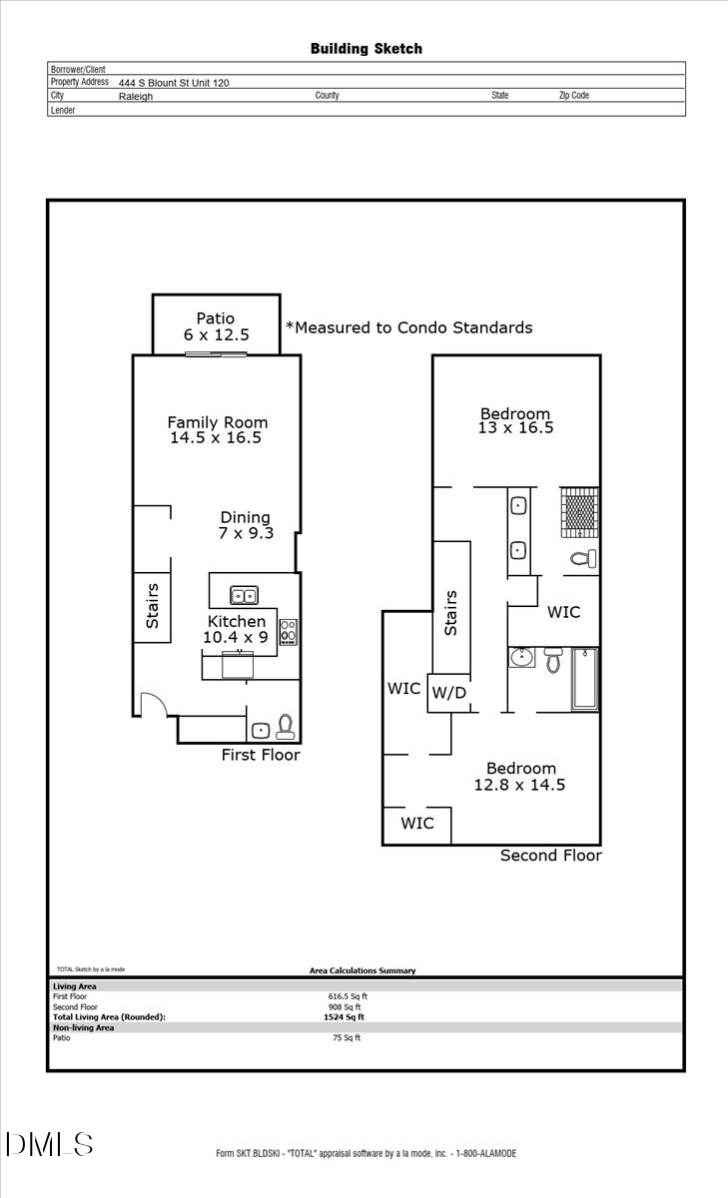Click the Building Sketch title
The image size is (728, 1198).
click(x=365, y=48)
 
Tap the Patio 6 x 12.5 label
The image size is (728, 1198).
click(x=216, y=326)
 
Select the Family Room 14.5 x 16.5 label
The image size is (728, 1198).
click(x=217, y=429)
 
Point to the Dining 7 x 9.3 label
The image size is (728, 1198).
click(x=245, y=525)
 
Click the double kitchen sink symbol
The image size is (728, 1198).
click(x=244, y=596)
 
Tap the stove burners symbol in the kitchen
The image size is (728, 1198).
click(x=289, y=632)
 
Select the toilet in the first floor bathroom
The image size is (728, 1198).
click(x=285, y=725)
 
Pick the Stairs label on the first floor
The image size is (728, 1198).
click(x=152, y=606)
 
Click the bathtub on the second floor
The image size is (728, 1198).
click(x=584, y=679)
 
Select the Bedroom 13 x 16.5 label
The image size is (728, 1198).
click(x=515, y=420)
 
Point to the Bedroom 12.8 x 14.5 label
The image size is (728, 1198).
click(x=520, y=776)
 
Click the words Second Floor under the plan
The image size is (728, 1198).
click(x=550, y=856)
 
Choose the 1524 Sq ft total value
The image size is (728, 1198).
click(x=344, y=1017)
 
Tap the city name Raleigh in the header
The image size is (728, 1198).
click(x=136, y=97)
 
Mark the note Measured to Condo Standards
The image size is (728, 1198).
click(x=409, y=327)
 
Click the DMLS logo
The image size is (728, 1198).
click(x=49, y=1144)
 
